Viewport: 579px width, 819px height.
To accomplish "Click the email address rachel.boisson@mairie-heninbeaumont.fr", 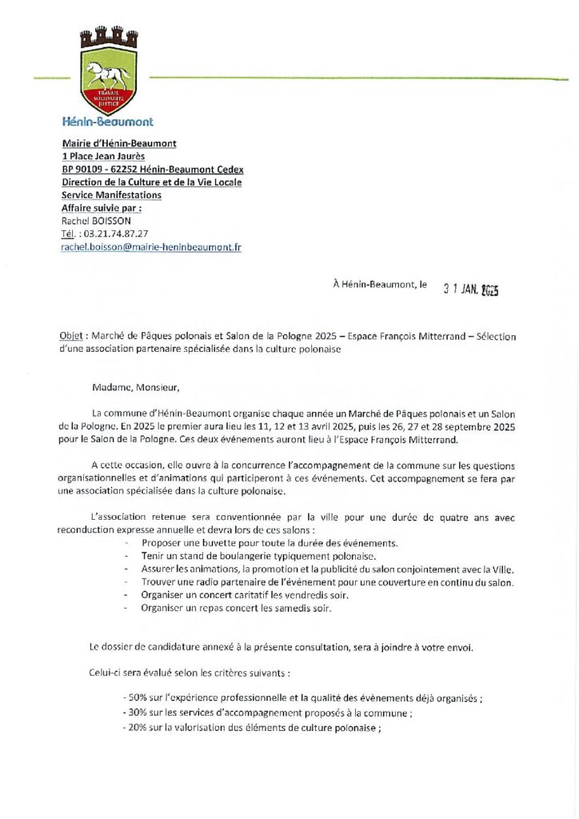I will pyautogui.click(x=151, y=248).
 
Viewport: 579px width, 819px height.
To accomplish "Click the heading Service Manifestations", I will pyautogui.click(x=111, y=195).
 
